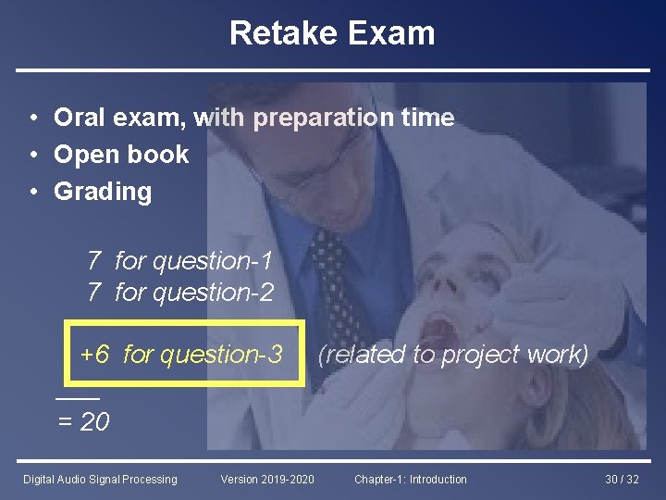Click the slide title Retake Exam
click(332, 33)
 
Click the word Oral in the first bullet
click(78, 118)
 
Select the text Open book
click(121, 155)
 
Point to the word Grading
click(103, 192)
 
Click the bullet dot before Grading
click(32, 192)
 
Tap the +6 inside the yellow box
click(95, 354)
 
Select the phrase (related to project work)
click(453, 354)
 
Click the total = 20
click(83, 422)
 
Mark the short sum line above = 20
click(77, 397)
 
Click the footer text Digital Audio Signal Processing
click(100, 479)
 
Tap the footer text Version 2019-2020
click(267, 479)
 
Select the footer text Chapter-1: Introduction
click(411, 479)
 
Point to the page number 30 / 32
click(622, 479)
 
